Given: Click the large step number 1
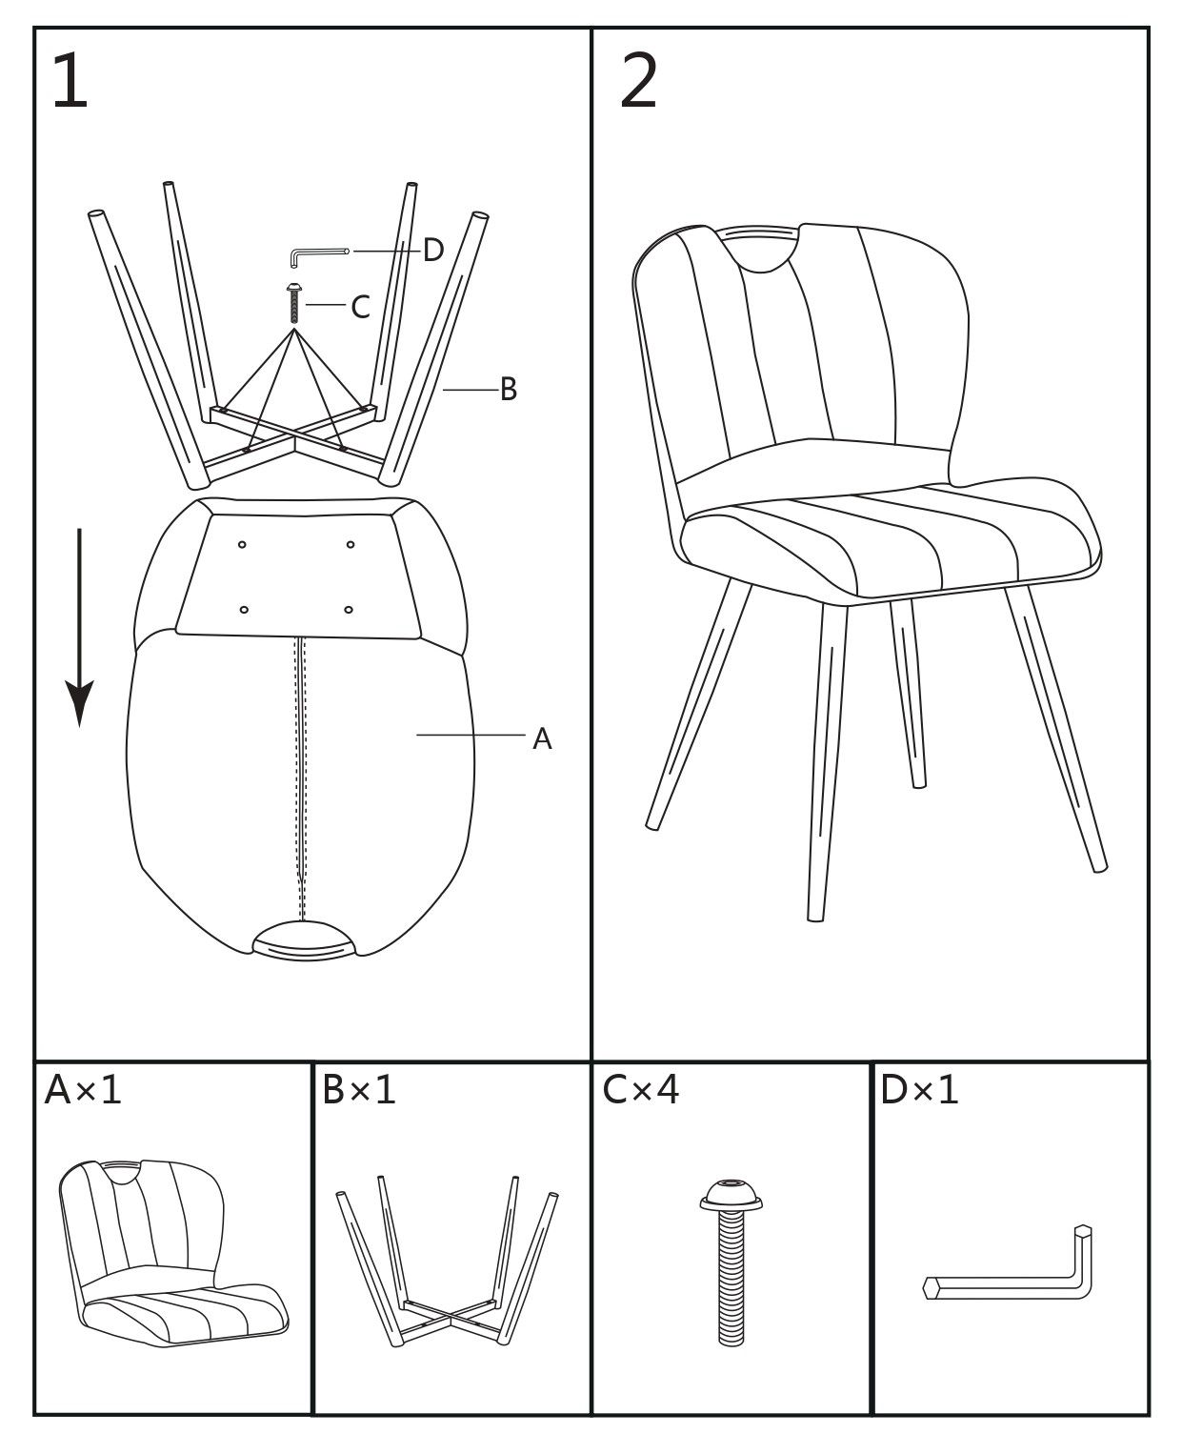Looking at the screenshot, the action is point(70,81).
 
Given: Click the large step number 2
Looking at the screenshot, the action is point(638,81).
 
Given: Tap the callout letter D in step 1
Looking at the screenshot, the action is point(433,251).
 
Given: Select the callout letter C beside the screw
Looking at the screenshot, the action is point(360,306).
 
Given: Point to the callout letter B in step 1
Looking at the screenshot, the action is point(508,390).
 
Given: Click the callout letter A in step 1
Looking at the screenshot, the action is point(542,739).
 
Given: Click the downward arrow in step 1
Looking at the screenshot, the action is point(79,627).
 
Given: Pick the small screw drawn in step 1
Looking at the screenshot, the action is point(294,303).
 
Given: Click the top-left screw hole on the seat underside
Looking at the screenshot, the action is point(242,545).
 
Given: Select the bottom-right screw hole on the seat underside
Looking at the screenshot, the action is point(349,609).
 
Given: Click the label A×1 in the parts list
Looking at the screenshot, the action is point(83,1090).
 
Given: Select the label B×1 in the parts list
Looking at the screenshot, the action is point(359,1090).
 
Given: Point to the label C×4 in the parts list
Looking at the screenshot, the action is point(640,1090).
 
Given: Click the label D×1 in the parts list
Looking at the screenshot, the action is point(919,1090).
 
